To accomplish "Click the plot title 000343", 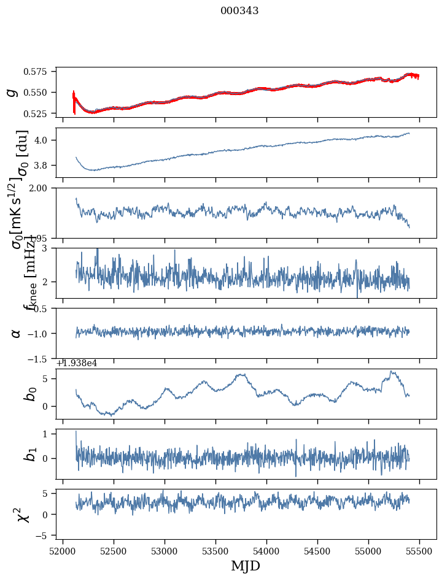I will pyautogui.click(x=239, y=11).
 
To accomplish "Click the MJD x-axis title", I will pyautogui.click(x=246, y=566).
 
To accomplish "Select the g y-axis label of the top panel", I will pyautogui.click(x=11, y=92).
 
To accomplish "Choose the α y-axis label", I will pyautogui.click(x=16, y=333).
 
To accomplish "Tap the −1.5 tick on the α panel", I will pyautogui.click(x=41, y=359).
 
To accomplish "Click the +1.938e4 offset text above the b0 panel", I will pyautogui.click(x=77, y=363).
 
